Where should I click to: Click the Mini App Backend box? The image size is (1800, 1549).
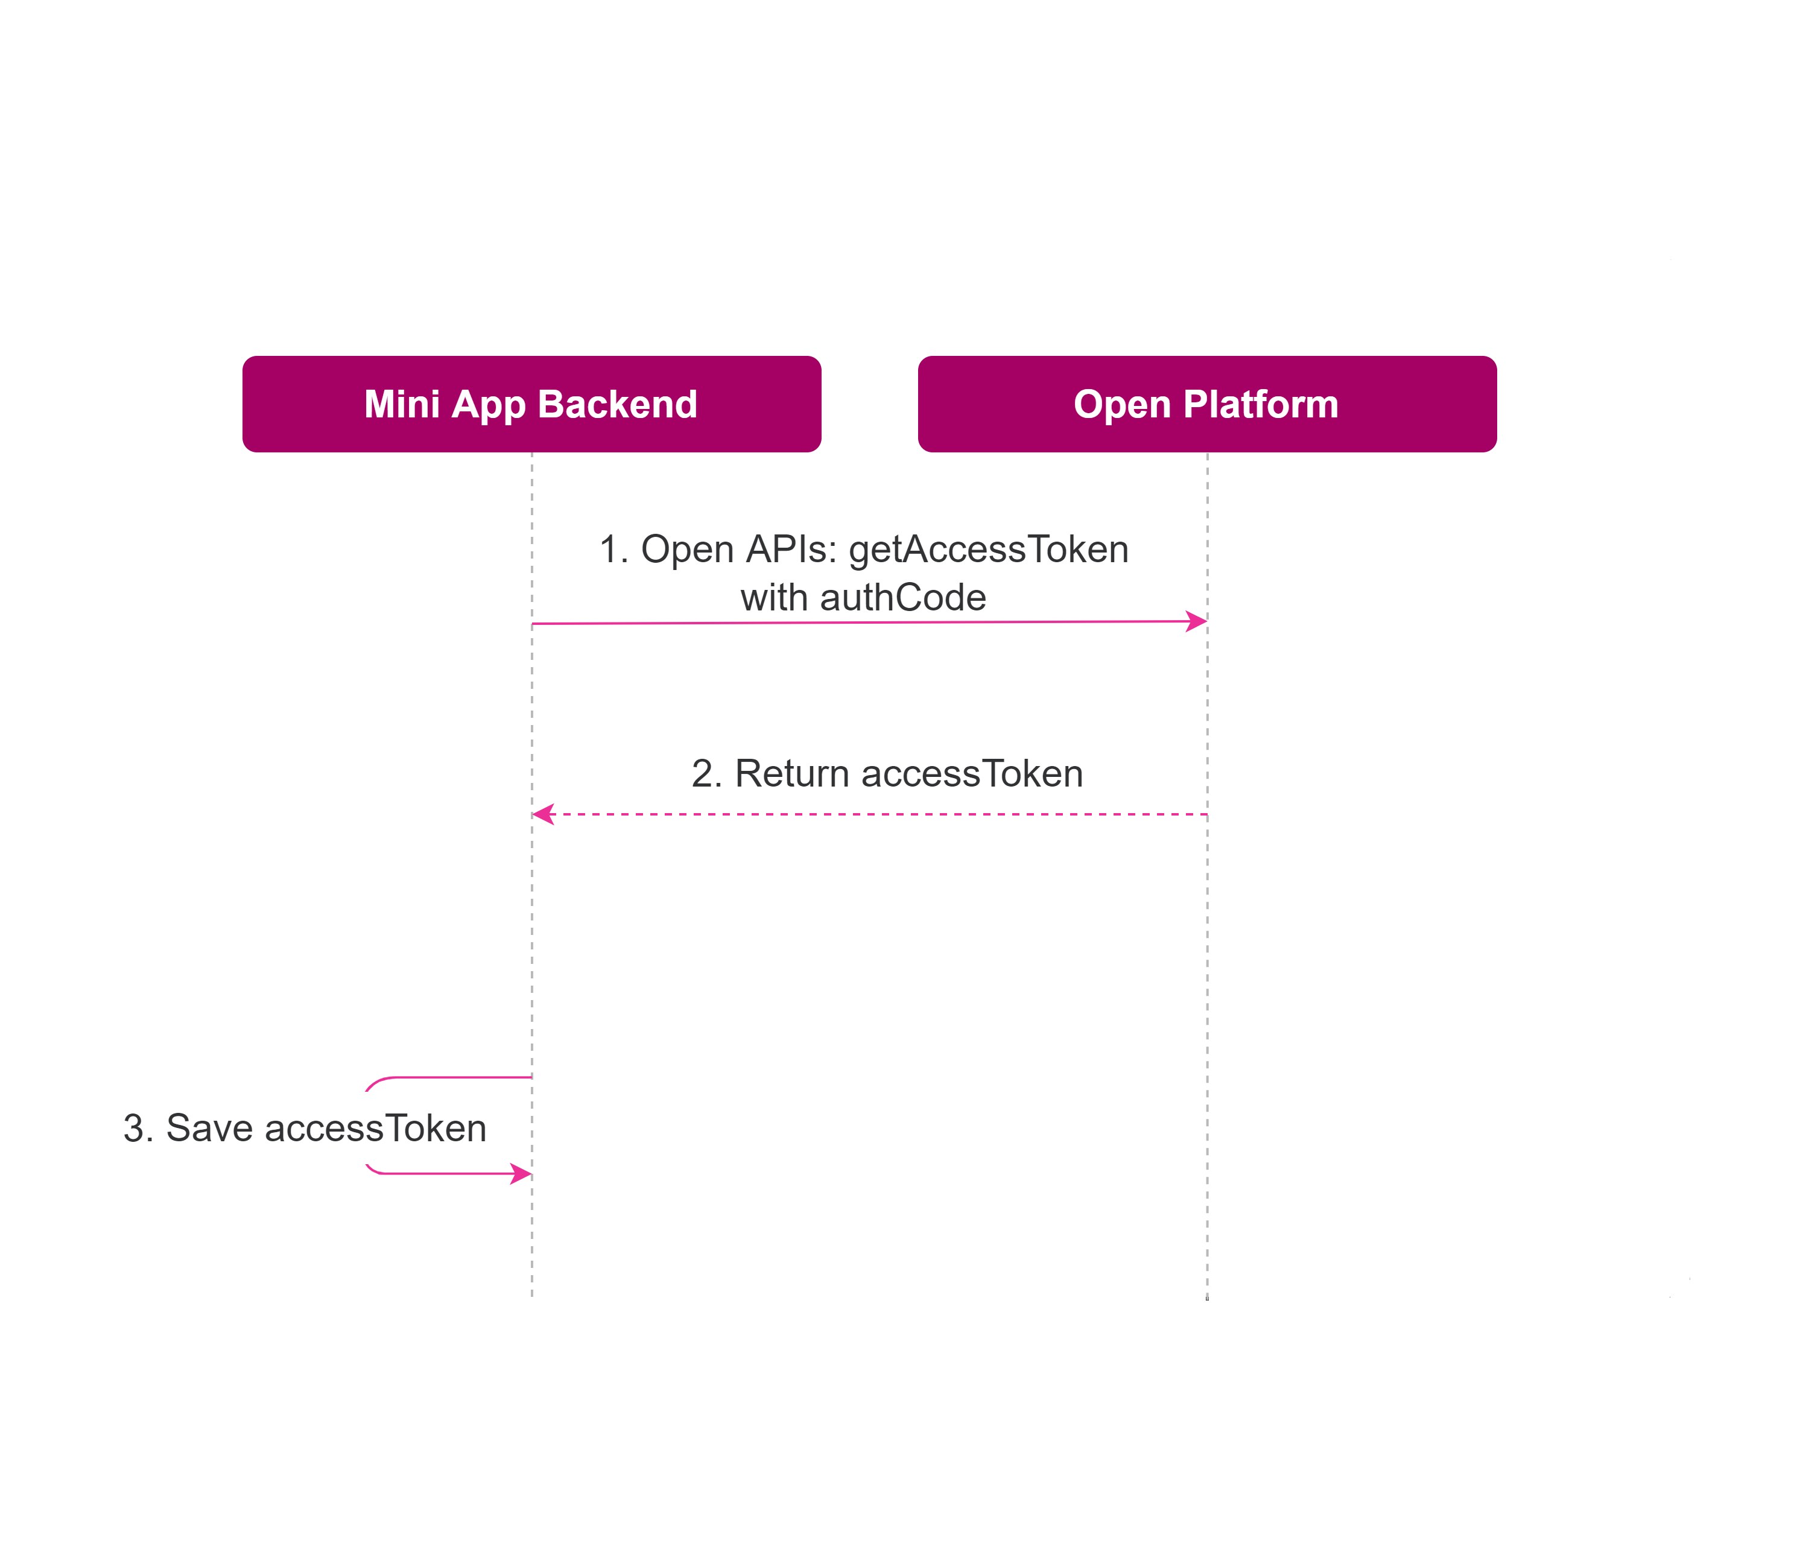pyautogui.click(x=531, y=404)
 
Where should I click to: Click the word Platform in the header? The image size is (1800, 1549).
pyautogui.click(x=1261, y=405)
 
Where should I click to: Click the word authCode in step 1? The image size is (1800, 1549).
pyautogui.click(x=904, y=598)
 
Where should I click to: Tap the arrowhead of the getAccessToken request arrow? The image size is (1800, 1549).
pyautogui.click(x=1197, y=621)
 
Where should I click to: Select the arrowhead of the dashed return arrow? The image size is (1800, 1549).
pyautogui.click(x=543, y=814)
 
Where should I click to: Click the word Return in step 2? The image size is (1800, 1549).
pyautogui.click(x=792, y=773)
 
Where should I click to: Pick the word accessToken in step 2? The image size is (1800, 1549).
pyautogui.click(x=972, y=773)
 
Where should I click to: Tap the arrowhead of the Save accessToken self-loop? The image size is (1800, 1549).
pyautogui.click(x=521, y=1174)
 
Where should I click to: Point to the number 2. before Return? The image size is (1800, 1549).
pyautogui.click(x=707, y=773)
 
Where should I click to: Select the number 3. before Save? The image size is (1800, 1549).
pyautogui.click(x=139, y=1127)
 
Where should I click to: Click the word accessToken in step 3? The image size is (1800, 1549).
pyautogui.click(x=375, y=1127)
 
